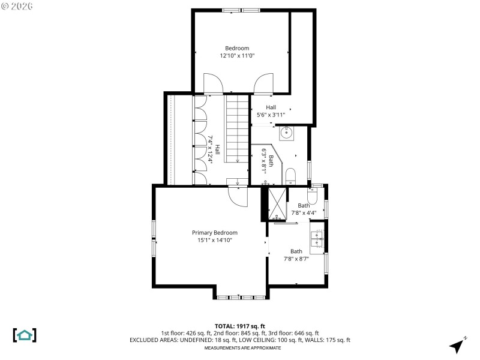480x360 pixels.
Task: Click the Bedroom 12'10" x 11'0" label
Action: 237,52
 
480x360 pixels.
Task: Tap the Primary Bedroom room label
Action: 215,236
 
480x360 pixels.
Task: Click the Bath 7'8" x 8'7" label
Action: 296,255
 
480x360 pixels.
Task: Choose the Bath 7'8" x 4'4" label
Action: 304,209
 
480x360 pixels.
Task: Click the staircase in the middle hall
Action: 237,129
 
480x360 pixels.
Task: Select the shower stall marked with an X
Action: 278,204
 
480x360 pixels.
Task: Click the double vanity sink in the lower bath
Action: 316,239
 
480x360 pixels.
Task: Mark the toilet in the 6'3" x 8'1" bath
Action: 290,176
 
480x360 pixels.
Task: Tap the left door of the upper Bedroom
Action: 213,83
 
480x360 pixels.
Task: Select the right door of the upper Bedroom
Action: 263,83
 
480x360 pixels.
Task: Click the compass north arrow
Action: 457,345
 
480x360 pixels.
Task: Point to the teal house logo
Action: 25,335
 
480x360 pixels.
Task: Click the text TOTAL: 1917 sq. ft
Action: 239,326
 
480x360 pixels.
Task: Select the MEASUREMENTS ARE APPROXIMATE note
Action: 242,348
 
